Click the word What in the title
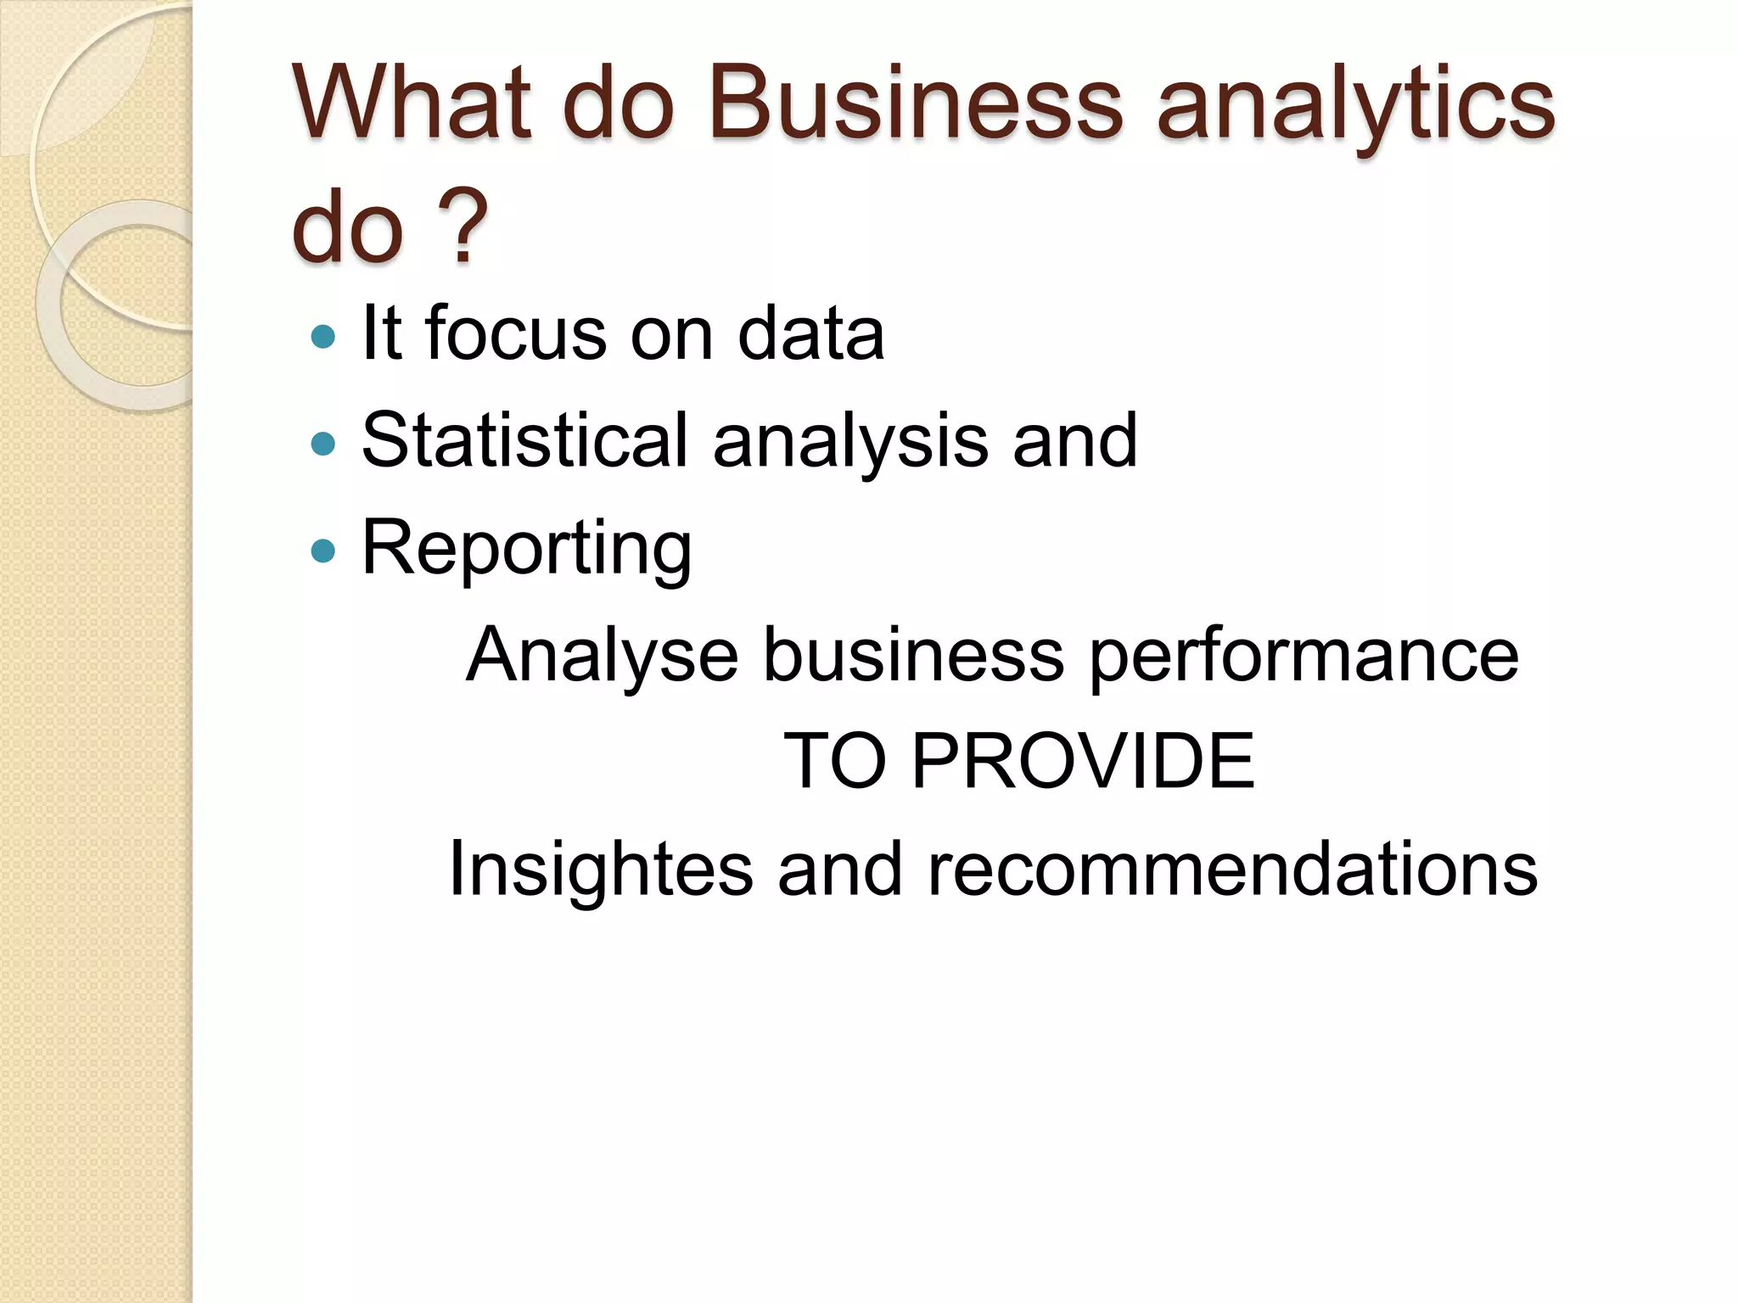click(x=412, y=103)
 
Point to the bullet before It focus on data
click(x=323, y=337)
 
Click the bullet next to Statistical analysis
click(x=323, y=443)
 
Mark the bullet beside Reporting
click(x=323, y=551)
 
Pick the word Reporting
click(x=526, y=550)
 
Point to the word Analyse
click(x=603, y=656)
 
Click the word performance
click(x=1303, y=656)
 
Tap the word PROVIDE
click(x=1083, y=761)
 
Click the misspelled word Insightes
click(x=601, y=870)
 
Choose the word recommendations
click(x=1232, y=870)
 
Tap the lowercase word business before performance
click(x=913, y=656)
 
